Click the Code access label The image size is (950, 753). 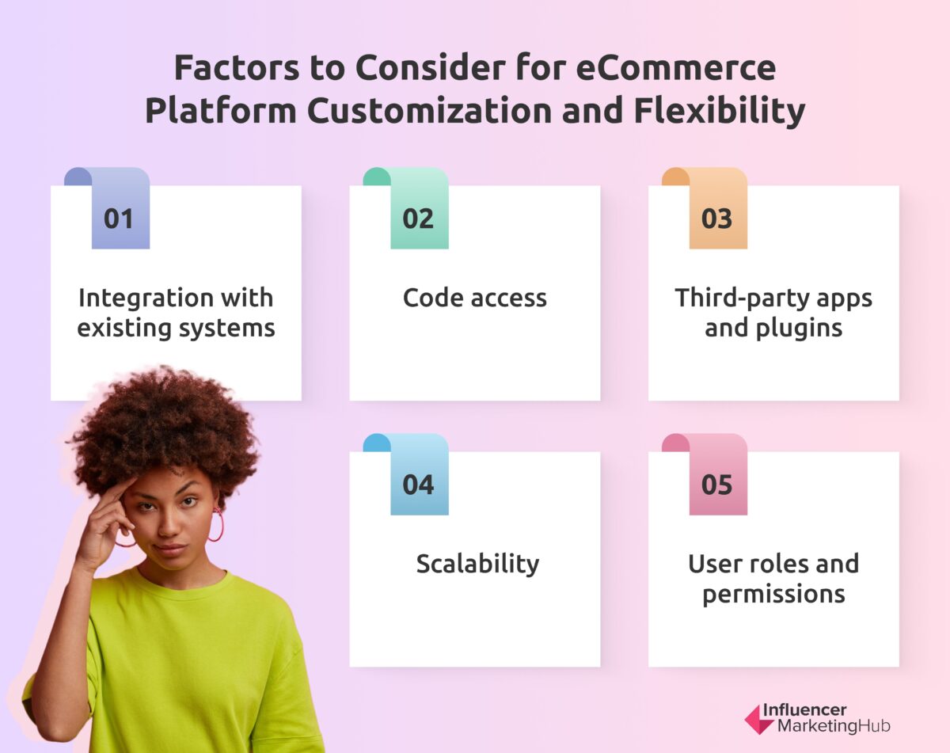474,298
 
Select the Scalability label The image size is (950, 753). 477,564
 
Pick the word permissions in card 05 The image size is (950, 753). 773,593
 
